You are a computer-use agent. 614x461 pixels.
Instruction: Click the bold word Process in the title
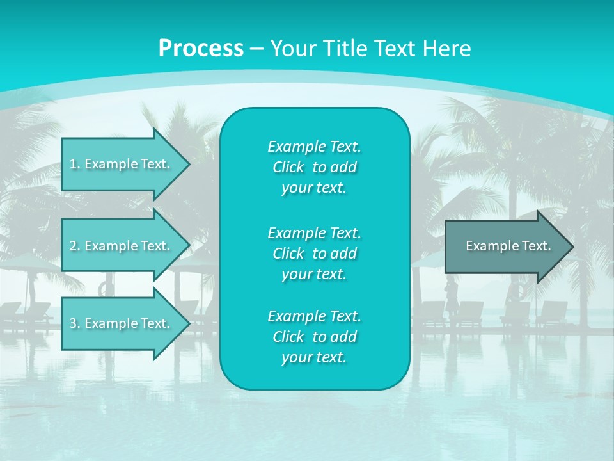pyautogui.click(x=201, y=49)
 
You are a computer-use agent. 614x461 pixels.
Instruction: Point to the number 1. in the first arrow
pyautogui.click(x=75, y=165)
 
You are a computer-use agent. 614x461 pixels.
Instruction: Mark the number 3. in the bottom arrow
pyautogui.click(x=75, y=324)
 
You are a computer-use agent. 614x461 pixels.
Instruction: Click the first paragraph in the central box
pyautogui.click(x=314, y=167)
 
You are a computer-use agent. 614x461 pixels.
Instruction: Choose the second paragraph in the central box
pyautogui.click(x=314, y=253)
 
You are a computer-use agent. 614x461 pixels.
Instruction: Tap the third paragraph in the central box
pyautogui.click(x=314, y=337)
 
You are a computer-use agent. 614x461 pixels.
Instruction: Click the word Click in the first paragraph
pyautogui.click(x=288, y=168)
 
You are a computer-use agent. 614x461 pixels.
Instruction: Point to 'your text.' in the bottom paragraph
pyautogui.click(x=314, y=358)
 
